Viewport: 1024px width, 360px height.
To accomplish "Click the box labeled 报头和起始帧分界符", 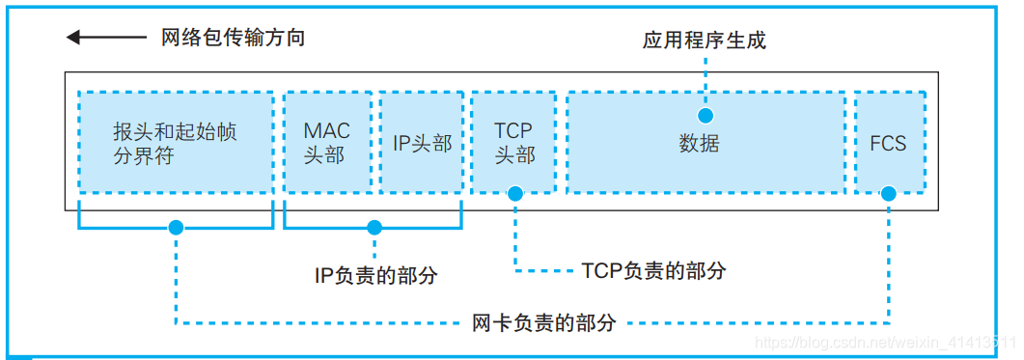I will (175, 143).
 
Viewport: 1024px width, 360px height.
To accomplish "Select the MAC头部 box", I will (327, 143).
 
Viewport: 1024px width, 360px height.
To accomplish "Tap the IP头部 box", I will (422, 143).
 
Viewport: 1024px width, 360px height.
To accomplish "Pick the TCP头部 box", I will (513, 143).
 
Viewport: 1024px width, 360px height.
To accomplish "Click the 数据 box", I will (705, 143).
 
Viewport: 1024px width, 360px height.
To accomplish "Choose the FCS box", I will (888, 143).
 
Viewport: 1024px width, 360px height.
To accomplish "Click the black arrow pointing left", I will (107, 38).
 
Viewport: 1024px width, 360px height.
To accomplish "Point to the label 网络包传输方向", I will (233, 38).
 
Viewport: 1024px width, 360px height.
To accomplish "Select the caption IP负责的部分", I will (375, 275).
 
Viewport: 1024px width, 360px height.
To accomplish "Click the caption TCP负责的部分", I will (653, 270).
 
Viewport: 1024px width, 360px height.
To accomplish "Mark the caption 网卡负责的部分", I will (543, 321).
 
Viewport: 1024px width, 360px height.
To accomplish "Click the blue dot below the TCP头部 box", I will (514, 194).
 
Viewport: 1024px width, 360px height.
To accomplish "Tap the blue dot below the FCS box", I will (888, 194).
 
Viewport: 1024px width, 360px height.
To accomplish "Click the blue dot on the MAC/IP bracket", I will (374, 228).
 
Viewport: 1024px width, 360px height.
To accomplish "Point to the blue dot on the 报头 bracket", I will (175, 228).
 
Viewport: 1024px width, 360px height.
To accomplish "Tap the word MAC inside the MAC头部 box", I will (327, 130).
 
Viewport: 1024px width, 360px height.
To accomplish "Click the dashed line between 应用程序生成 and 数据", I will (706, 72).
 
